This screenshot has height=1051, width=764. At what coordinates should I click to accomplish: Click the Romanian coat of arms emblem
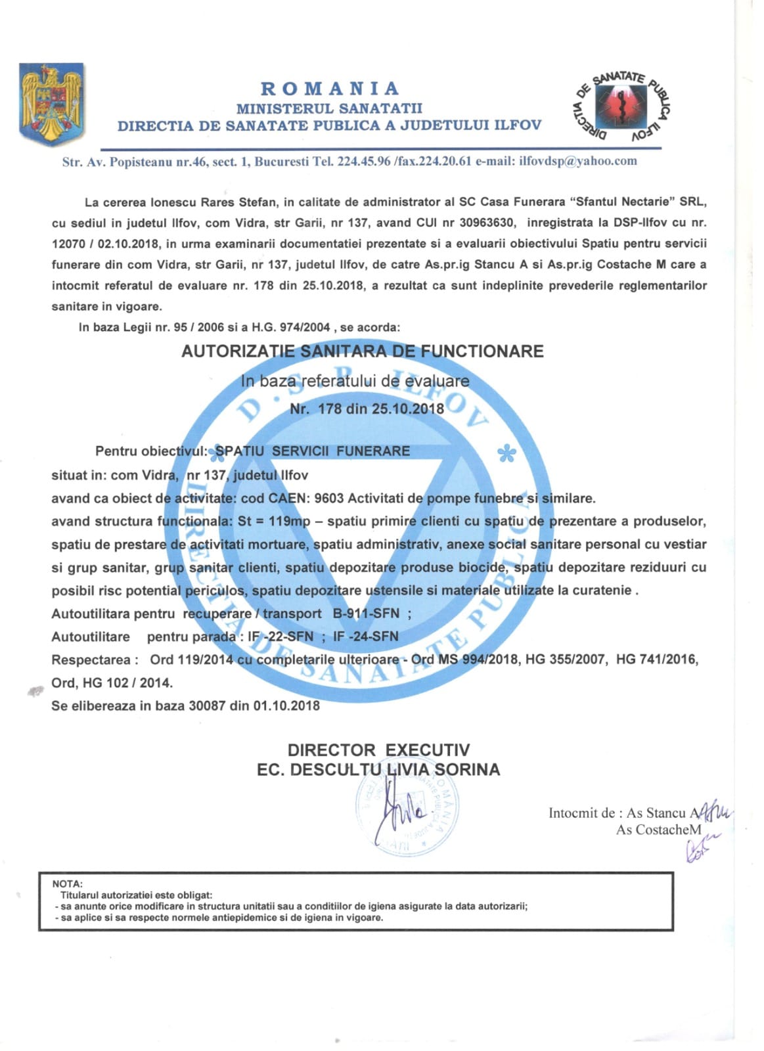(x=52, y=104)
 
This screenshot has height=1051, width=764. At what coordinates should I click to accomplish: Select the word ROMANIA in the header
(x=330, y=88)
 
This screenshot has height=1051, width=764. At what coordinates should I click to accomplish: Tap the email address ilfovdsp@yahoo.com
(x=578, y=161)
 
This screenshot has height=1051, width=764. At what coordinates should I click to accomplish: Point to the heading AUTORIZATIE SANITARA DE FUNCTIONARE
(x=363, y=351)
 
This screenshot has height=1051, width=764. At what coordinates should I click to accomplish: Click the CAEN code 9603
(x=329, y=498)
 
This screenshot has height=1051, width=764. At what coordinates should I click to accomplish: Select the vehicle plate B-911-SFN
(x=367, y=614)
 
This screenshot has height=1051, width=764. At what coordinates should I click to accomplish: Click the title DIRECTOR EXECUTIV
(x=378, y=750)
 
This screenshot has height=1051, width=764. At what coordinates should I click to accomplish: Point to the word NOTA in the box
(x=67, y=884)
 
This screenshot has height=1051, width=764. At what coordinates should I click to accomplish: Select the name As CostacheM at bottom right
(x=658, y=830)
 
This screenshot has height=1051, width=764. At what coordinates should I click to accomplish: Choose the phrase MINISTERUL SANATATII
(x=329, y=108)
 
